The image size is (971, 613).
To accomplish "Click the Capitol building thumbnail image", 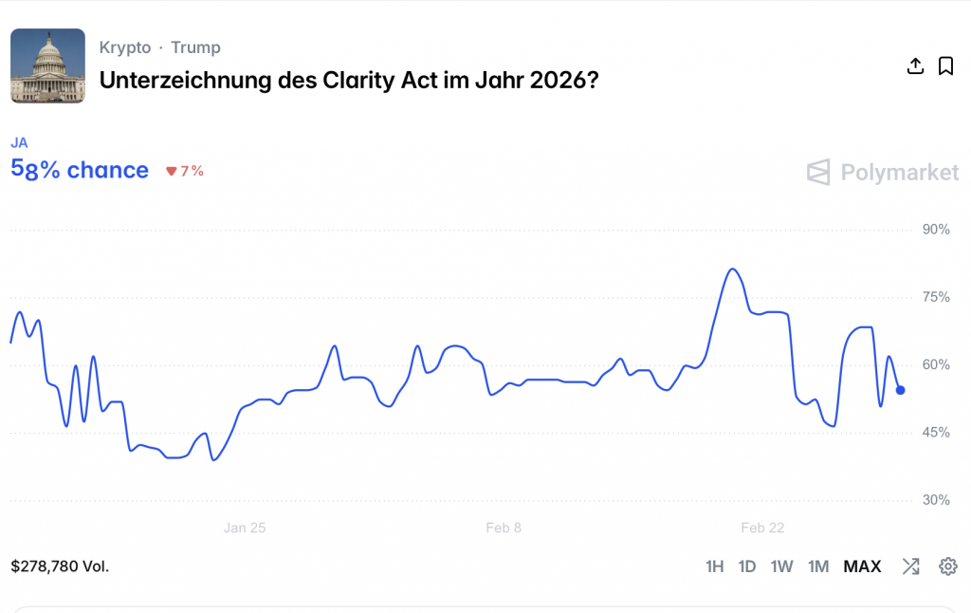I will pos(47,65).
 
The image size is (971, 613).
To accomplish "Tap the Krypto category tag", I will pos(125,47).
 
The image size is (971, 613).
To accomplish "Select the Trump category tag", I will pos(195,47).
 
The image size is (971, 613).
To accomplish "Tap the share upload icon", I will pos(915,65).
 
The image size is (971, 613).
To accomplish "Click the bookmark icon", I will pos(945,65).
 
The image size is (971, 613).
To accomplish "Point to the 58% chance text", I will pos(80,170).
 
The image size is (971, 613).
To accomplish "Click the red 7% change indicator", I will pos(185,171).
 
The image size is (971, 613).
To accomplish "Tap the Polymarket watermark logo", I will pos(883,172).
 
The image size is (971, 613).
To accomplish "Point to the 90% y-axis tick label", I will pos(936,230).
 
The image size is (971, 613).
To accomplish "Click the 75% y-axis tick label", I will pos(936,297).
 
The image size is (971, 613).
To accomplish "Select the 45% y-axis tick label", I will pos(936,433).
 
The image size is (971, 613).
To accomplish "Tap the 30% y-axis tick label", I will pos(936,500).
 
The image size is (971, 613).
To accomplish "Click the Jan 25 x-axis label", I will pos(245,528).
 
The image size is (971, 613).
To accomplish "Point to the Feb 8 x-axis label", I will pos(504,528).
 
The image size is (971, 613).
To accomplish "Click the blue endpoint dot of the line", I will pos(900,390).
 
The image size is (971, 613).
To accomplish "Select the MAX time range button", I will pos(862,567).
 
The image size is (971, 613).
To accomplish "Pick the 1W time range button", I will pos(781,567).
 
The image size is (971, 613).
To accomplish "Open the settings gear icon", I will pos(947,567).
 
